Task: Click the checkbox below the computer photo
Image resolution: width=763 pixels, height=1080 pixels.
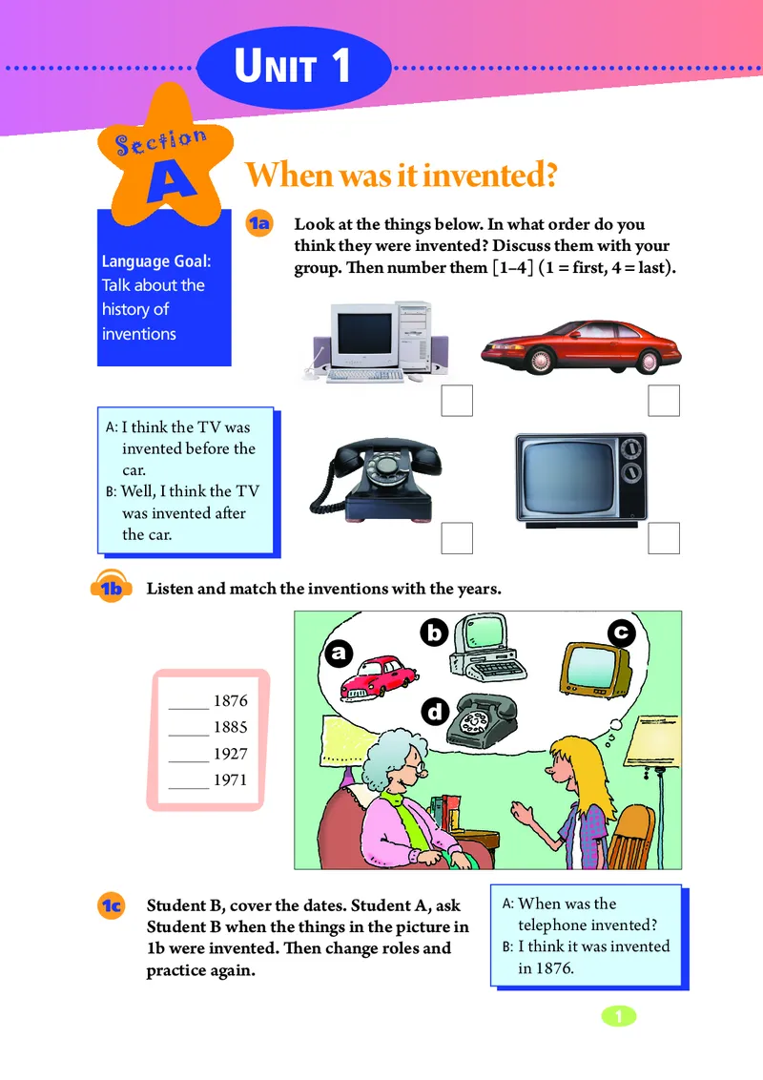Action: coord(457,400)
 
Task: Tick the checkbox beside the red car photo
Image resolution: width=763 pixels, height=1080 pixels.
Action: coord(664,400)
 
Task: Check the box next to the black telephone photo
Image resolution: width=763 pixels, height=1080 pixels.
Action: coord(457,538)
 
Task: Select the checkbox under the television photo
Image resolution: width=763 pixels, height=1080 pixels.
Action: coord(664,538)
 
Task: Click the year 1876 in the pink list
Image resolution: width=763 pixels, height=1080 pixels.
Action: coord(230,700)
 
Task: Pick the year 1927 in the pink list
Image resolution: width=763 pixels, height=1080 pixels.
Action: coord(230,754)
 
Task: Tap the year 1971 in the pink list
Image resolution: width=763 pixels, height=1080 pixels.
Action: coord(230,779)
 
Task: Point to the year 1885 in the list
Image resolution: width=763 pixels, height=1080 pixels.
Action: coord(230,727)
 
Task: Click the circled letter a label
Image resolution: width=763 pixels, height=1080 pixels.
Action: coord(339,653)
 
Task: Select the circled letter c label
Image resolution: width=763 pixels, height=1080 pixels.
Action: coord(621,633)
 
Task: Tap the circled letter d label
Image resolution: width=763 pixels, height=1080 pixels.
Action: coord(435,711)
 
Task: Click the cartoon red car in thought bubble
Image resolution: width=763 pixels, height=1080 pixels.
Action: coord(379,677)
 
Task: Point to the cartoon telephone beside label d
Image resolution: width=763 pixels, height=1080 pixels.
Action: coord(482,719)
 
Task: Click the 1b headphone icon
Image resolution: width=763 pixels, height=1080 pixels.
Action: coord(111,587)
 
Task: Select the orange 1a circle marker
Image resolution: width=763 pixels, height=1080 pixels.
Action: coord(259,223)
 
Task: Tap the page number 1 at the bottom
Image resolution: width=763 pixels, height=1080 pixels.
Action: coord(618,1016)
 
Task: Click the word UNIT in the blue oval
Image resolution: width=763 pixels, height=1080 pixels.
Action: coord(276,66)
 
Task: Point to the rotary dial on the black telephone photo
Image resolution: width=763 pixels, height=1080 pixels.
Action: coord(387,465)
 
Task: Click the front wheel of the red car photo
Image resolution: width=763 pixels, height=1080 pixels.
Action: coord(541,361)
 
